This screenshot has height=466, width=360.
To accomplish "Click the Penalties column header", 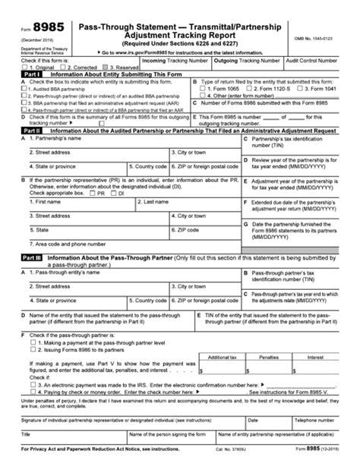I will [267, 355].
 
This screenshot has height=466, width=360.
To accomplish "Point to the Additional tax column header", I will [222, 355].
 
